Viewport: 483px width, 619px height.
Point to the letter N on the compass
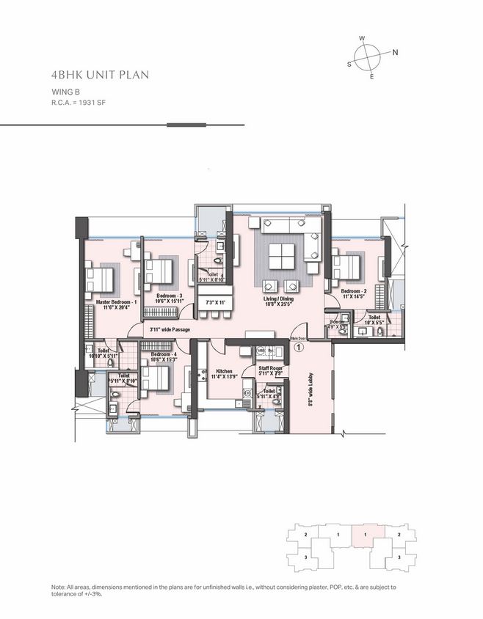click(x=395, y=52)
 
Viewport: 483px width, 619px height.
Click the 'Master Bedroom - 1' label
click(x=117, y=302)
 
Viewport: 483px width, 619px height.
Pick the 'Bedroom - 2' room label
click(x=355, y=291)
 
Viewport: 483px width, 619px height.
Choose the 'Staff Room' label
click(x=269, y=368)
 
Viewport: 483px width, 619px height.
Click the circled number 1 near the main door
click(x=298, y=349)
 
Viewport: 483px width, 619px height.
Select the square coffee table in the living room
click(x=282, y=257)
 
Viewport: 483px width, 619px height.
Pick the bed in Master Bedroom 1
click(x=100, y=280)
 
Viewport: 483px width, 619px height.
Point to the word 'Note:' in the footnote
click(x=60, y=587)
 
